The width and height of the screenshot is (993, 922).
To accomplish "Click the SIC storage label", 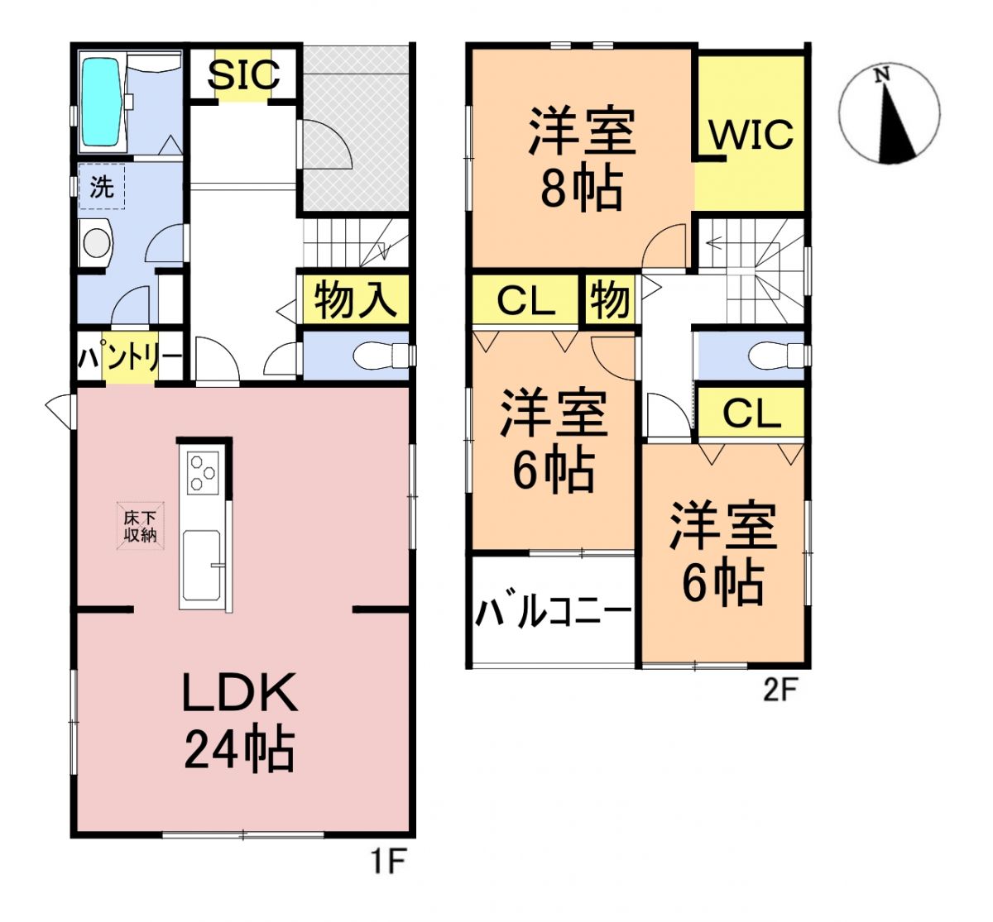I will click(242, 74).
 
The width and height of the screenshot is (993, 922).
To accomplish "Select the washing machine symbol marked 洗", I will click(101, 187).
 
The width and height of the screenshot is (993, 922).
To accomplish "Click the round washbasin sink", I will click(97, 244).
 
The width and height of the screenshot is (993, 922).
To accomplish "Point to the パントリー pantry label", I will click(130, 359).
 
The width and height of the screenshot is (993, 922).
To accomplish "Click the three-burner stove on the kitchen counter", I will click(202, 474).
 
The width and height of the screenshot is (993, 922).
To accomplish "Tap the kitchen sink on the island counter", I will click(201, 567).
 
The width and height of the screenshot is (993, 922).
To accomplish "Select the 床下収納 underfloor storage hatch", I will click(140, 526).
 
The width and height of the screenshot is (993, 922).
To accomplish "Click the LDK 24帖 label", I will click(239, 720).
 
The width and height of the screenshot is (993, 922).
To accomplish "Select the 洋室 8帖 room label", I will click(582, 158).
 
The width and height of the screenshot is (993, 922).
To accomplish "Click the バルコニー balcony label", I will click(553, 614).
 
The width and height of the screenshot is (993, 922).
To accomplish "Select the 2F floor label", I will click(780, 690).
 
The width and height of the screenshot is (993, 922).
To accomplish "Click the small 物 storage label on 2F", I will click(610, 299).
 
